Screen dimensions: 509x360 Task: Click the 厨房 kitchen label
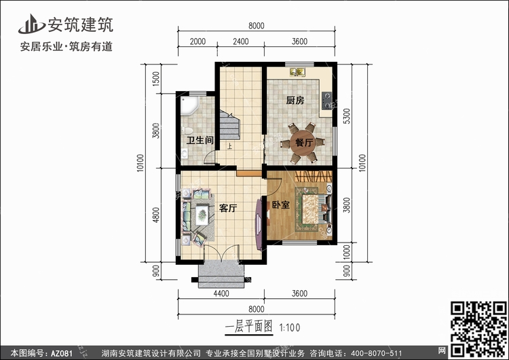click(295, 101)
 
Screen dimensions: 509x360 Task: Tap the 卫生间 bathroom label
click(200, 141)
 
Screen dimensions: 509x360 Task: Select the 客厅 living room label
click(228, 208)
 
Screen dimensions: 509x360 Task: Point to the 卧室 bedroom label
click(281, 204)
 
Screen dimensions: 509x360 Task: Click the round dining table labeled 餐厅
click(303, 143)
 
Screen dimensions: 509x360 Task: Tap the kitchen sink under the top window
click(298, 72)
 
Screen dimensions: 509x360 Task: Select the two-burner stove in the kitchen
click(326, 101)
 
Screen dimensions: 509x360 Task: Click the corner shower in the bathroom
click(189, 105)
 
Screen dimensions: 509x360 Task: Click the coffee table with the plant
click(202, 215)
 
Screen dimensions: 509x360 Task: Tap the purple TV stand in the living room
click(259, 224)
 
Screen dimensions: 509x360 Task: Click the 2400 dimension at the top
click(240, 41)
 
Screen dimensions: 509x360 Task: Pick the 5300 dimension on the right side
click(347, 116)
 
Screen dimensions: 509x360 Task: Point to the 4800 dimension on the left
click(156, 215)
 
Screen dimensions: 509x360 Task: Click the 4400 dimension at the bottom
click(221, 293)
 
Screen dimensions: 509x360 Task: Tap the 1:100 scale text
click(290, 327)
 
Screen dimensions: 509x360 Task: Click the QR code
click(478, 328)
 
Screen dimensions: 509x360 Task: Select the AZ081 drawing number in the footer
click(62, 353)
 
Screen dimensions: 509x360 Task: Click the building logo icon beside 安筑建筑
click(31, 24)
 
